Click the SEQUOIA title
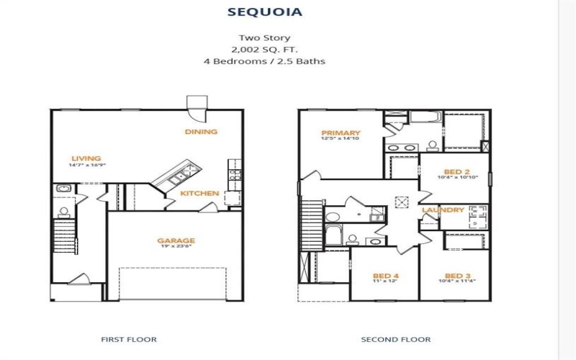(265, 12)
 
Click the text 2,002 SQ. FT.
(264, 50)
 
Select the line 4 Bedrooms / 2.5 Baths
(264, 61)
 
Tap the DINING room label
(201, 132)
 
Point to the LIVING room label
(86, 158)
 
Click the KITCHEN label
(199, 194)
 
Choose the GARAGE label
(176, 241)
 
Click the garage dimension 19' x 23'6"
(176, 249)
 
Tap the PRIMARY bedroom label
(341, 133)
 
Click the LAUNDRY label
(443, 210)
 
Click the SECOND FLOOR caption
(395, 339)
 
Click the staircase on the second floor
(310, 223)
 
